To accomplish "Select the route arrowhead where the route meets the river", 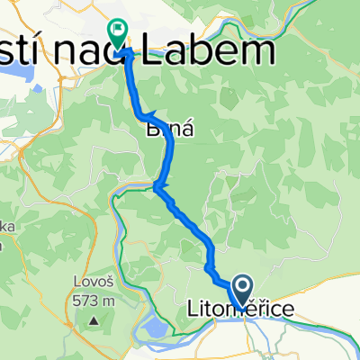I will click(x=157, y=187).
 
